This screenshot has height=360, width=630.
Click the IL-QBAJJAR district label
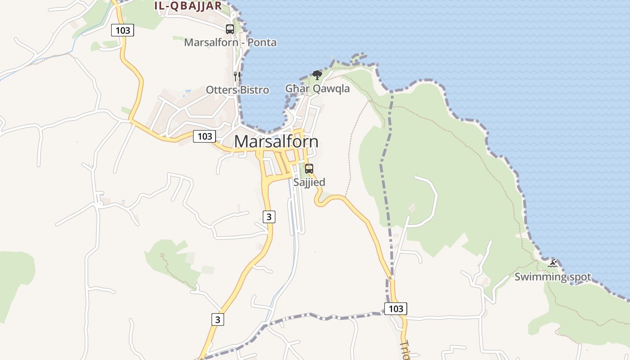click(x=188, y=6)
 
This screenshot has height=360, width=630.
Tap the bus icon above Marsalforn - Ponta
click(x=230, y=29)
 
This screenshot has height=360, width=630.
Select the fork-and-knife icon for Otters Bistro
click(x=237, y=76)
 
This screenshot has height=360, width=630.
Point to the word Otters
click(x=221, y=90)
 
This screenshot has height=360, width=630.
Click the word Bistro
click(x=254, y=90)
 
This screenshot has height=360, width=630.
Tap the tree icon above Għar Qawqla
click(x=317, y=75)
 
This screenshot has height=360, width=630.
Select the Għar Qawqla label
click(x=317, y=89)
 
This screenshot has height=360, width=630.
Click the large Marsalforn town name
click(x=276, y=141)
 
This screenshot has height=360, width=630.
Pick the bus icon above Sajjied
click(x=309, y=169)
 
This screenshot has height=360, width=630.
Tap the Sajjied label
click(x=309, y=182)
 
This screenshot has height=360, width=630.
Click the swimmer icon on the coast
click(x=553, y=263)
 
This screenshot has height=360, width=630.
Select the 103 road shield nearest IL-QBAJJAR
click(x=123, y=30)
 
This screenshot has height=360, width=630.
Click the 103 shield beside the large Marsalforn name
click(x=205, y=136)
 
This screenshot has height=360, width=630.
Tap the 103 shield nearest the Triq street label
click(x=396, y=308)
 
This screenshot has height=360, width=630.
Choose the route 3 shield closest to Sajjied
click(x=269, y=216)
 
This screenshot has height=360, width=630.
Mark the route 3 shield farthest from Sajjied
click(x=218, y=319)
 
